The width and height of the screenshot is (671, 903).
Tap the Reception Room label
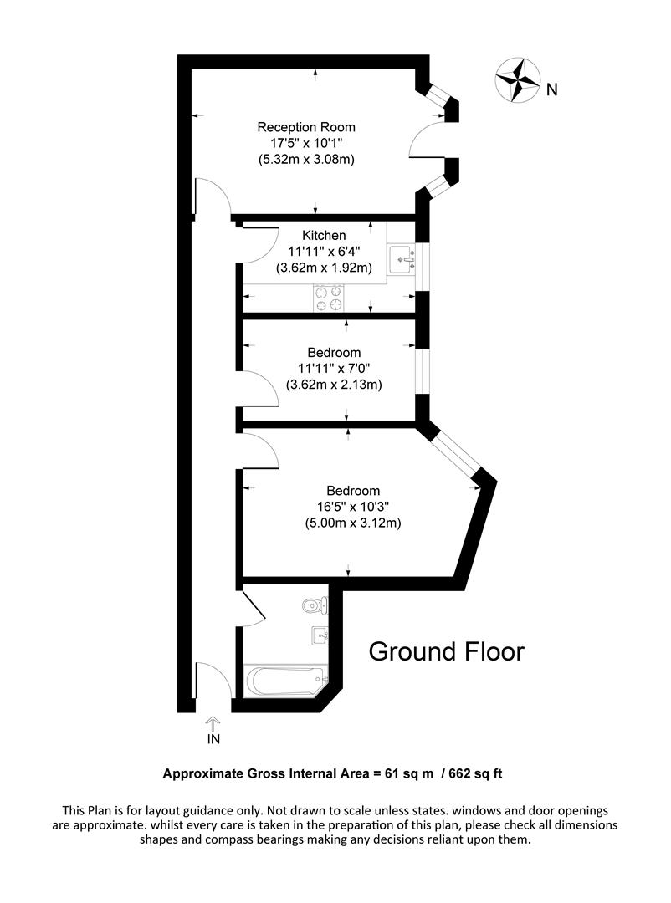tap(306, 127)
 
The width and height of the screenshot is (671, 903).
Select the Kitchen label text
tap(324, 236)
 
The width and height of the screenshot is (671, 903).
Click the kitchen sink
tap(402, 259)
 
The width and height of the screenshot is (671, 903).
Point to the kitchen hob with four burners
tap(330, 298)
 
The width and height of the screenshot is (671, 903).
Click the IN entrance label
tap(213, 739)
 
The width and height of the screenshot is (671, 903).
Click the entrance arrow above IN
tap(213, 722)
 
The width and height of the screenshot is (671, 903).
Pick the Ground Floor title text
tap(447, 651)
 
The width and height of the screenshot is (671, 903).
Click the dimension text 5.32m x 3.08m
tap(306, 159)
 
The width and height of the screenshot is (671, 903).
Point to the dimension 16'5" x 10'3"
tap(353, 507)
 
